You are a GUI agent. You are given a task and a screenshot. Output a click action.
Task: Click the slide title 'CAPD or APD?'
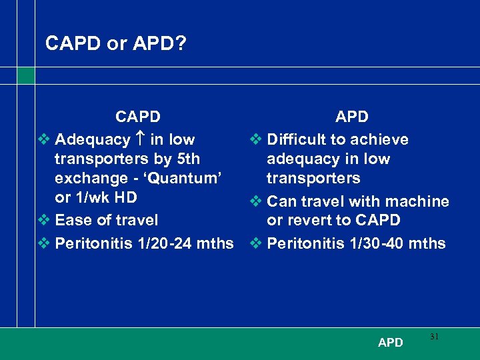(115, 44)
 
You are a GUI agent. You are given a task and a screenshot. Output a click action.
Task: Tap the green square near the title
(26, 75)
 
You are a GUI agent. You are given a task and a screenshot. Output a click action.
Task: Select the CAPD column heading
(137, 117)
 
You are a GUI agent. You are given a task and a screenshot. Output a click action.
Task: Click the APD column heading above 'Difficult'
(351, 117)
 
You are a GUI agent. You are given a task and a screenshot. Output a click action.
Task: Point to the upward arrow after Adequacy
(140, 140)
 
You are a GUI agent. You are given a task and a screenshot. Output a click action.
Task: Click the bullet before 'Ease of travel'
(44, 220)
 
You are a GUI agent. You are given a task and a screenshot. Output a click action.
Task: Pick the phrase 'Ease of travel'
(107, 220)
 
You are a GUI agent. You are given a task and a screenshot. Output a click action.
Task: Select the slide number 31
(434, 337)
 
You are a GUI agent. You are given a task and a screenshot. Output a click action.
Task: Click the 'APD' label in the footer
(390, 343)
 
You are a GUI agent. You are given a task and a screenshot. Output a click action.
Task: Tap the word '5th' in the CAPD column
(187, 159)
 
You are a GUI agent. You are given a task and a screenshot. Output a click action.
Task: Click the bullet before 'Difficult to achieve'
(255, 140)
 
